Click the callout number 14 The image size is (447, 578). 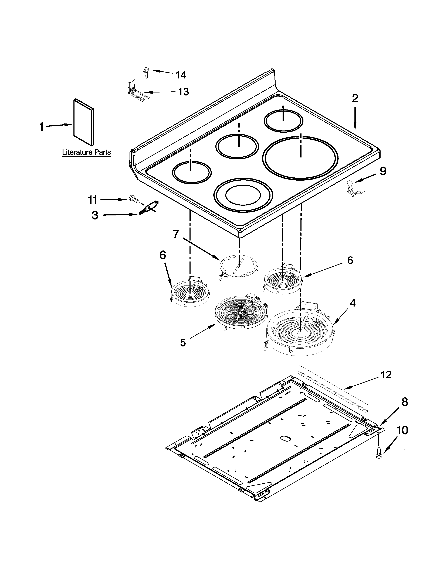pyautogui.click(x=181, y=75)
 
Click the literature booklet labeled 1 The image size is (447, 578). pyautogui.click(x=84, y=122)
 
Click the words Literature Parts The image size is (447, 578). pyautogui.click(x=86, y=152)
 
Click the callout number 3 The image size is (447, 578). pyautogui.click(x=95, y=215)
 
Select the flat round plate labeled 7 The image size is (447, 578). pyautogui.click(x=239, y=266)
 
